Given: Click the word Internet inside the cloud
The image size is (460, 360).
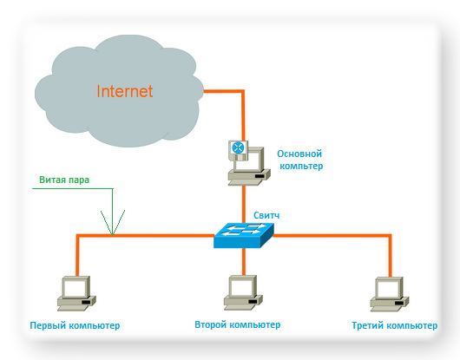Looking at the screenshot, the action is [x=125, y=91].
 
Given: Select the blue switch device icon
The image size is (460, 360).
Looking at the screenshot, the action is [x=244, y=235].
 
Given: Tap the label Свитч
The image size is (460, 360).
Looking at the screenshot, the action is [x=266, y=215].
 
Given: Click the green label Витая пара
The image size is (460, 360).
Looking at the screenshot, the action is [x=64, y=180].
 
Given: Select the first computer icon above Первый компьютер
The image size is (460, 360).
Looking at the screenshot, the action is [x=76, y=293].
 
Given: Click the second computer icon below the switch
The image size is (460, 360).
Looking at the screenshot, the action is [x=243, y=292].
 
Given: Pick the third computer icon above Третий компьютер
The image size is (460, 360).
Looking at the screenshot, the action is [x=390, y=294].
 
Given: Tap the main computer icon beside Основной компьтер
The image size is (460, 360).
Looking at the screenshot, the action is [x=249, y=163].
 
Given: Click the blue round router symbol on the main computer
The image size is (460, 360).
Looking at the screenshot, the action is [x=238, y=147].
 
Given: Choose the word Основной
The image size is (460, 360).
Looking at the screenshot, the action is [x=299, y=154].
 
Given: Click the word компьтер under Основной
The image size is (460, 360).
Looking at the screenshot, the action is [x=301, y=166].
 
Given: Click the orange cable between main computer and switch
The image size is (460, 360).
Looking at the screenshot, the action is [x=244, y=204].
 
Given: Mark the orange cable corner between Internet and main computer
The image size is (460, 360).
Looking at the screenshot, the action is [x=243, y=91].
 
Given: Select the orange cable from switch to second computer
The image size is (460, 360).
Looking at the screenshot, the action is [x=244, y=261].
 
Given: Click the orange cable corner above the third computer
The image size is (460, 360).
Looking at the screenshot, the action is [x=390, y=235].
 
